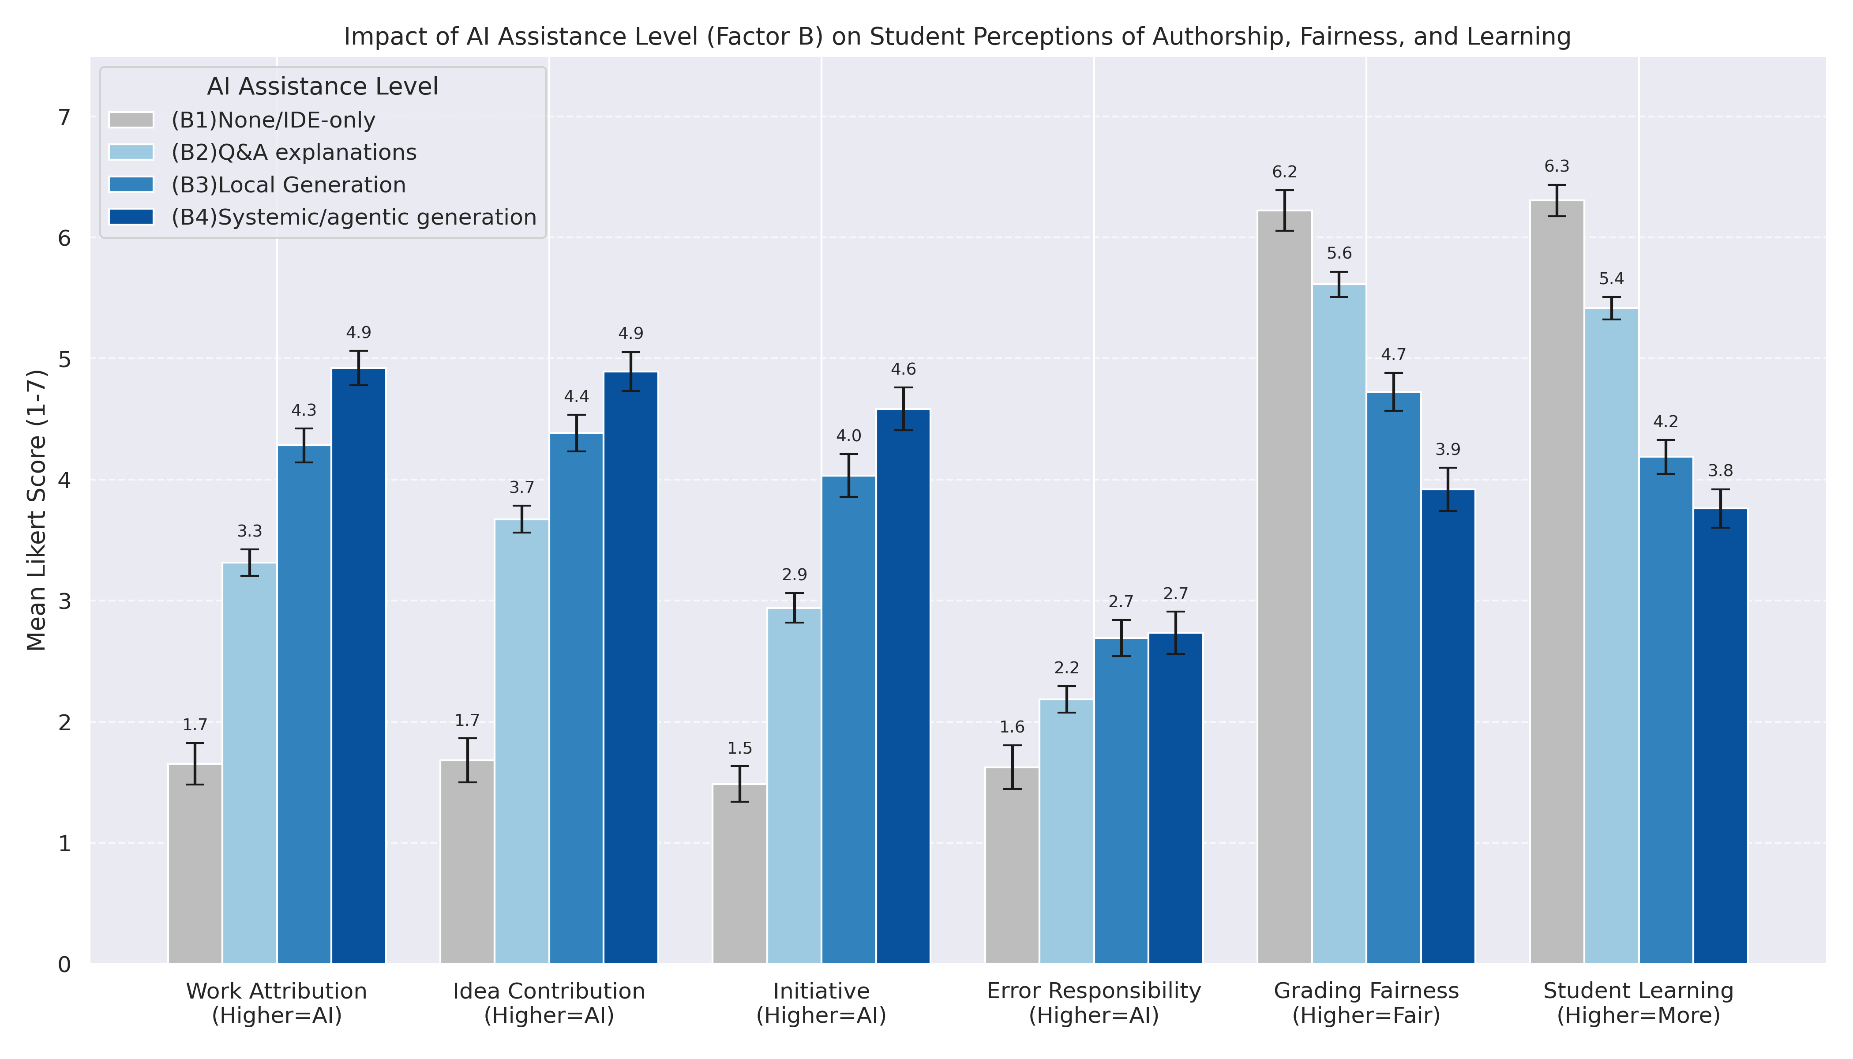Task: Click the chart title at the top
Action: pyautogui.click(x=957, y=36)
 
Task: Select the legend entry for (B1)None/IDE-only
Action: pyautogui.click(x=273, y=120)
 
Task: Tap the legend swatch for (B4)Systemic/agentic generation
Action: pyautogui.click(x=131, y=217)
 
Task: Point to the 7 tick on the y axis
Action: pyautogui.click(x=64, y=117)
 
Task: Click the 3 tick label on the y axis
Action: pyautogui.click(x=64, y=601)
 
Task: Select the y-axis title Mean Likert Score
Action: pyautogui.click(x=36, y=511)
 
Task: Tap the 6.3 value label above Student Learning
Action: pyautogui.click(x=1557, y=166)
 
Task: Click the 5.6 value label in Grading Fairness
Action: pyautogui.click(x=1339, y=253)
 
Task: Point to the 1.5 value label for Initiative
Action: pyautogui.click(x=739, y=748)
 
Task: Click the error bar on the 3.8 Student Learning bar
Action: pyautogui.click(x=1721, y=508)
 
